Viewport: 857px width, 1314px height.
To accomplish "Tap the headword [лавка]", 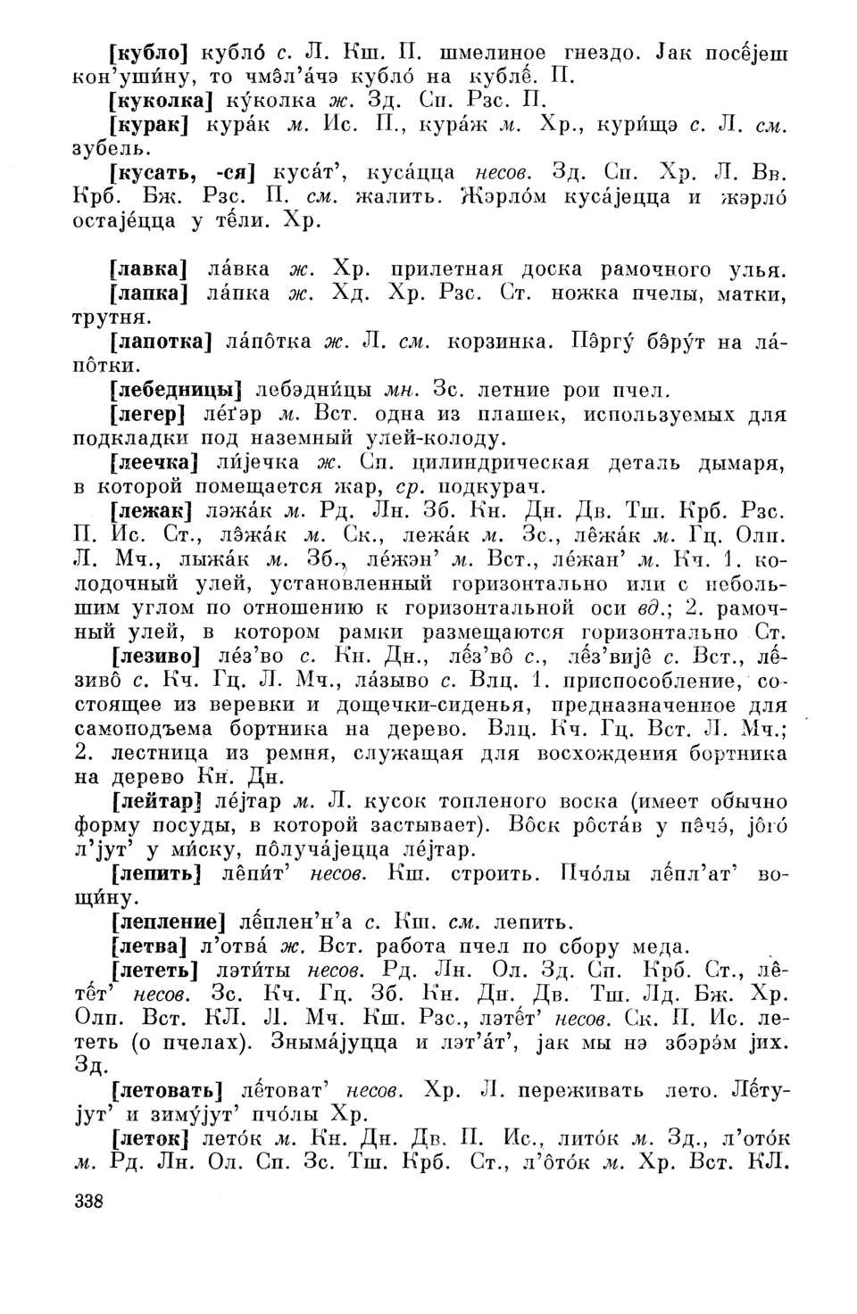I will click(x=146, y=269).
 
